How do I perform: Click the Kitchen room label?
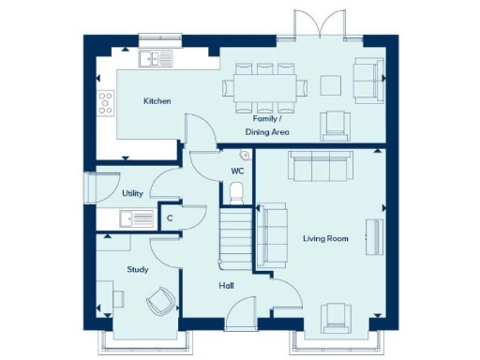click(157, 100)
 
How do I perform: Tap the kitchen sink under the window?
click(156, 59)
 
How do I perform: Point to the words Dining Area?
click(267, 132)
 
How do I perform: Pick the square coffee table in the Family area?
click(330, 85)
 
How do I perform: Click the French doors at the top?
click(319, 26)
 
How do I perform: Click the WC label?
click(237, 172)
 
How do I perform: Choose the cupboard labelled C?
click(170, 218)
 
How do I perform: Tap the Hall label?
click(227, 285)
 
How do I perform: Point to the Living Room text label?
click(325, 239)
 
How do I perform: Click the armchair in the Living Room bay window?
click(334, 319)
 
